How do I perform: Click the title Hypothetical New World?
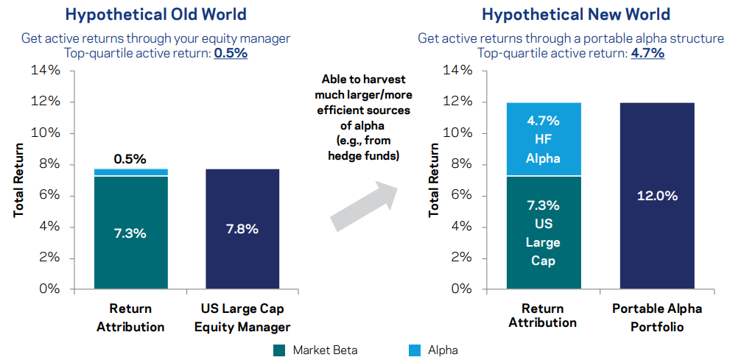pyautogui.click(x=565, y=14)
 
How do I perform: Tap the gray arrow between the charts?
pyautogui.click(x=364, y=205)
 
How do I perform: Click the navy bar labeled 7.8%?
pyautogui.click(x=242, y=228)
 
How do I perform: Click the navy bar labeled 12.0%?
pyautogui.click(x=657, y=195)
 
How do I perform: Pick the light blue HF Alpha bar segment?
pyautogui.click(x=544, y=139)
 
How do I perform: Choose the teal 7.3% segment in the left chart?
pyautogui.click(x=130, y=232)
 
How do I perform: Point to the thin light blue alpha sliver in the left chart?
pyautogui.click(x=130, y=172)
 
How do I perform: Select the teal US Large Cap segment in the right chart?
pyautogui.click(x=544, y=232)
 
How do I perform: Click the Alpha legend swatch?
pyautogui.click(x=413, y=350)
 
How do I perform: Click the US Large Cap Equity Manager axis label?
pyautogui.click(x=243, y=317)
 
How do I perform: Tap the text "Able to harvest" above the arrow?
pyautogui.click(x=364, y=80)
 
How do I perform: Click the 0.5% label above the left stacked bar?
pyautogui.click(x=130, y=158)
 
